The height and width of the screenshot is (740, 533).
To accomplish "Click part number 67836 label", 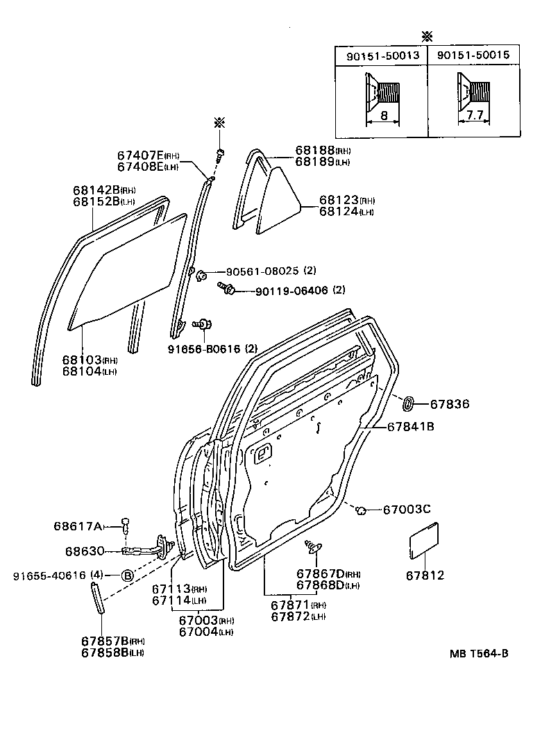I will [x=449, y=403].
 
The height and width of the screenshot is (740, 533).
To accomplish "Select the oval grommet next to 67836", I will [x=409, y=402].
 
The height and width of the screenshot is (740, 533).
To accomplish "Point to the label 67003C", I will [x=407, y=510].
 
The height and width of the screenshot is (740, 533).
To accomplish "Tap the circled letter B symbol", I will [x=127, y=575].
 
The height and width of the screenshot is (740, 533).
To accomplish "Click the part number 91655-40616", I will [x=49, y=575].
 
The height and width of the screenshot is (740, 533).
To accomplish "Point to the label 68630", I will [x=85, y=552].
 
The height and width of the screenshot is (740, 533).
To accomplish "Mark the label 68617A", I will [x=78, y=526].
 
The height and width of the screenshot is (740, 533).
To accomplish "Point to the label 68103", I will [x=82, y=360].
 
